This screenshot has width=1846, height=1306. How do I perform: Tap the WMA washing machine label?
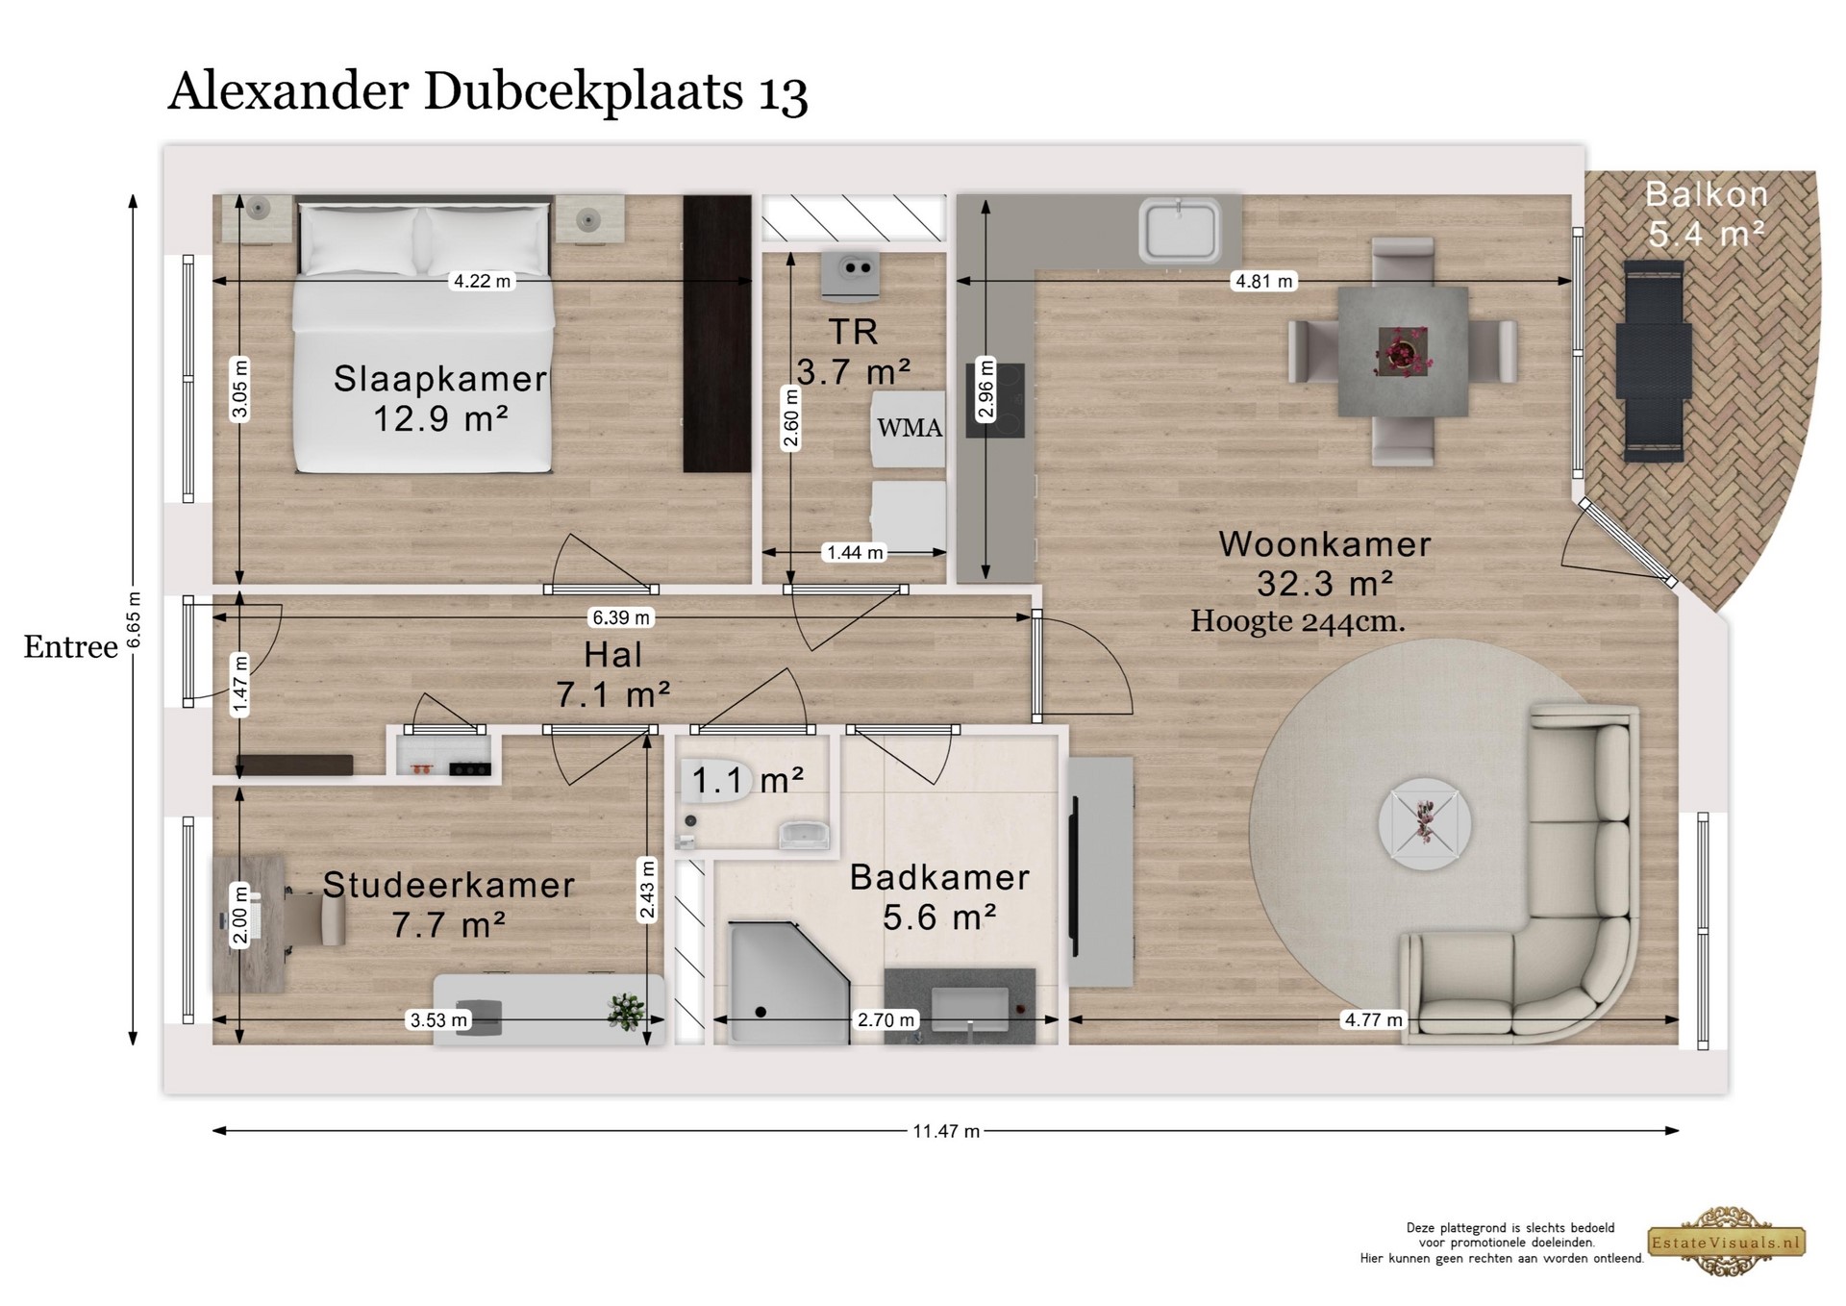[910, 428]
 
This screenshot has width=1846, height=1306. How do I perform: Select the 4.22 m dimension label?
[483, 281]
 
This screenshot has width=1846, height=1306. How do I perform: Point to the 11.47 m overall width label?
[946, 1131]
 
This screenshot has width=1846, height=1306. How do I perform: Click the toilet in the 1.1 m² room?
[711, 781]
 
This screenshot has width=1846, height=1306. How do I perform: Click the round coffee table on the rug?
[1425, 824]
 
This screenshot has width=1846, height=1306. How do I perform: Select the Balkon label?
[1707, 194]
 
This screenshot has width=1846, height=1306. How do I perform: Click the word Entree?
[70, 647]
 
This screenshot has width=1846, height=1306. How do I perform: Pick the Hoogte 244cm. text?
[1298, 621]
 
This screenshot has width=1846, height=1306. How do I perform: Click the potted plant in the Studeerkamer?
[627, 1011]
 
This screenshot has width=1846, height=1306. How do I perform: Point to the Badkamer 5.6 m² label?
[939, 897]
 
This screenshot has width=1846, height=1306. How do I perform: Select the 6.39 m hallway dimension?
[621, 617]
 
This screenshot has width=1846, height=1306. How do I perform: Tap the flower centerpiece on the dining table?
[1404, 351]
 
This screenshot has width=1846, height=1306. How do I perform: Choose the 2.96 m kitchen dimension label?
[986, 389]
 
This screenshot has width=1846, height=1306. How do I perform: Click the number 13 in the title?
[784, 94]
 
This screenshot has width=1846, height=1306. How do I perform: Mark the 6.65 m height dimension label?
[134, 619]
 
